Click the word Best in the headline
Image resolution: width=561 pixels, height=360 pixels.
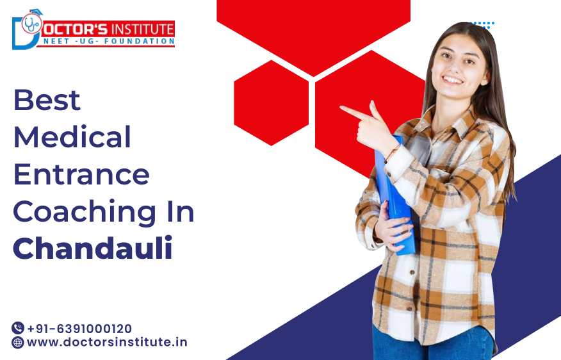coord(47,101)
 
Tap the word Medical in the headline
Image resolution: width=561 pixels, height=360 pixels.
coord(72,137)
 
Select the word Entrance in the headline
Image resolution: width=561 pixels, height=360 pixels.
coord(81,174)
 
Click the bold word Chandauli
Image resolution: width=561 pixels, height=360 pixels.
coord(93,249)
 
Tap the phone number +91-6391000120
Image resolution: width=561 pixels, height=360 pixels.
coord(79,328)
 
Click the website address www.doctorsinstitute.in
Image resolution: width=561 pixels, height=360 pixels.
coord(107,342)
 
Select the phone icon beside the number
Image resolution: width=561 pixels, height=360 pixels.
coord(18,328)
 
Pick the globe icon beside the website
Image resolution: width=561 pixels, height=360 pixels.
coord(18,342)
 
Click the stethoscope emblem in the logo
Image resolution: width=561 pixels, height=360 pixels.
coord(31,24)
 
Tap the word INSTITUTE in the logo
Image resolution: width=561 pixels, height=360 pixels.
coord(142,29)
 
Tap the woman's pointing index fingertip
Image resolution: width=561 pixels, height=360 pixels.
coord(343,108)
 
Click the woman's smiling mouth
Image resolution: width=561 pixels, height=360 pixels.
coord(453,80)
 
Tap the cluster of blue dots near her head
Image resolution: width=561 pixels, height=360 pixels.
coord(482,25)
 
